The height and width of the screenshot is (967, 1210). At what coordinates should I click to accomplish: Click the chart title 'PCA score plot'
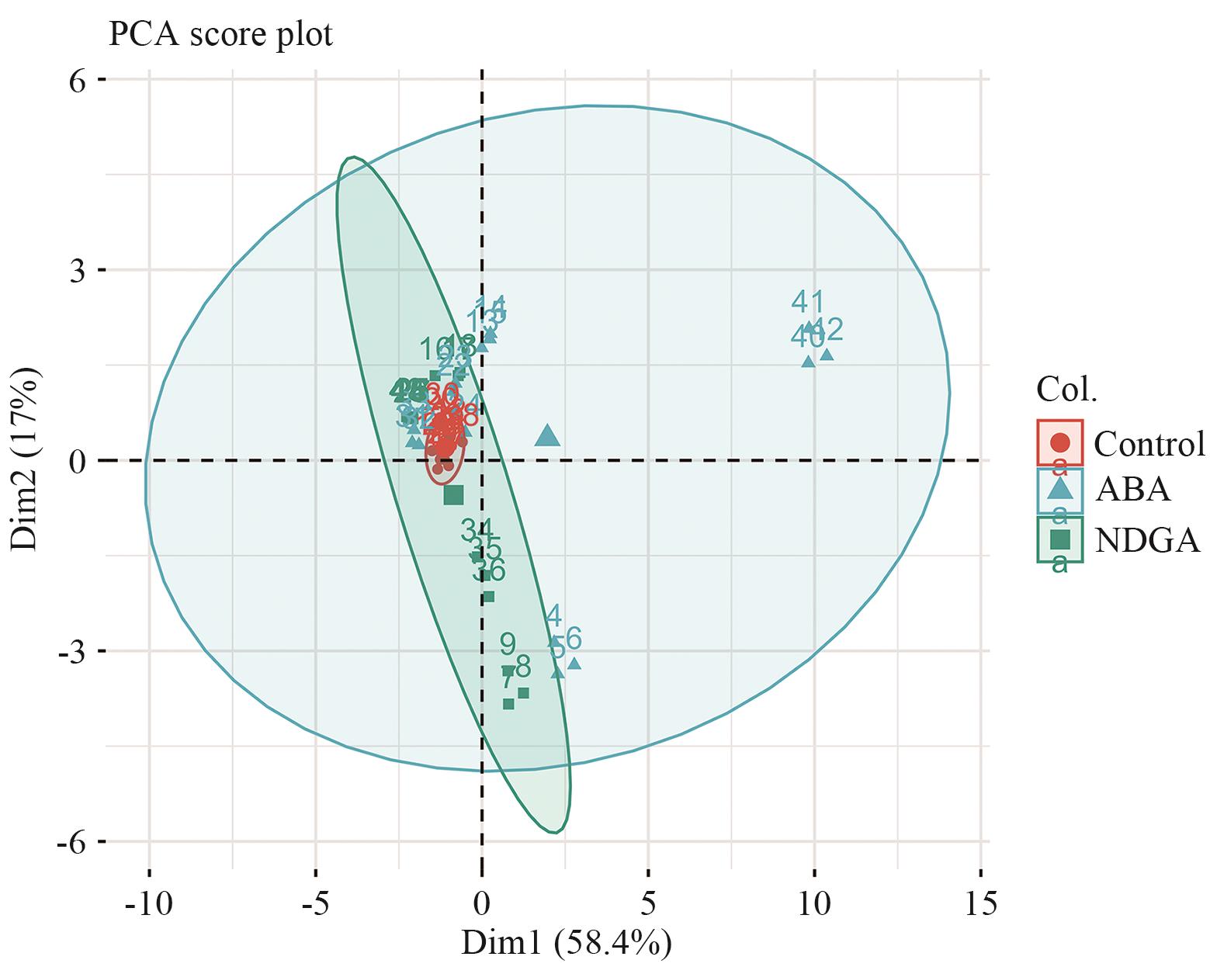click(220, 35)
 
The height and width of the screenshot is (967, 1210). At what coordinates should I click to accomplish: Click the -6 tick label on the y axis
click(78, 841)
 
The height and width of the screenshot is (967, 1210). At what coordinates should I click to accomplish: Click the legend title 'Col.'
click(1066, 390)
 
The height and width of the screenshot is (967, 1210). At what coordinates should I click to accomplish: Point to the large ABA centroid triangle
click(547, 437)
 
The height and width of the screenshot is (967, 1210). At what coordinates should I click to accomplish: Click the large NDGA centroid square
click(454, 495)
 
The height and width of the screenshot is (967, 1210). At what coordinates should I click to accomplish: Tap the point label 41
click(807, 303)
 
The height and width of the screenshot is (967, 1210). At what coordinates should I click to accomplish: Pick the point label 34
click(477, 530)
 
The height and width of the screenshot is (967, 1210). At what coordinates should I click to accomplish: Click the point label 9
click(508, 643)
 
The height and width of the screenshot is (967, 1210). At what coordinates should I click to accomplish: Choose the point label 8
click(523, 666)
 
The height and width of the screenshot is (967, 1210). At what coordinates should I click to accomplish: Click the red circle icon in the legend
click(1059, 443)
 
